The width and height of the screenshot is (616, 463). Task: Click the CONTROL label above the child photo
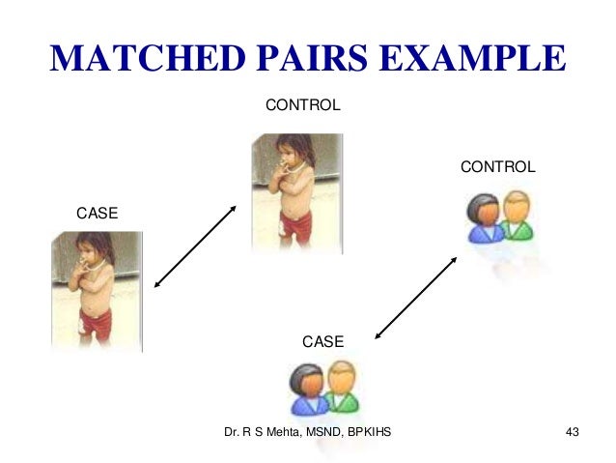302,104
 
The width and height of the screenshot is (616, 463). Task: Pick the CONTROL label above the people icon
497,167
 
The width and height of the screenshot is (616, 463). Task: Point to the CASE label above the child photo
97,213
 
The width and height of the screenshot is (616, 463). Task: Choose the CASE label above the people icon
323,341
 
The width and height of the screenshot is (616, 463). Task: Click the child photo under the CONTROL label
296,191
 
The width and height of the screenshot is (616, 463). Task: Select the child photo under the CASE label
97,290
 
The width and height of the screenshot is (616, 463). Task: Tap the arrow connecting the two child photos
195,246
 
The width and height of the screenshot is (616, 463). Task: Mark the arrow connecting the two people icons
416,295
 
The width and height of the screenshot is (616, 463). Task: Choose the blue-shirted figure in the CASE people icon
308,391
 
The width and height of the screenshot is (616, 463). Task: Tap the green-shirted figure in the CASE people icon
342,387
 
